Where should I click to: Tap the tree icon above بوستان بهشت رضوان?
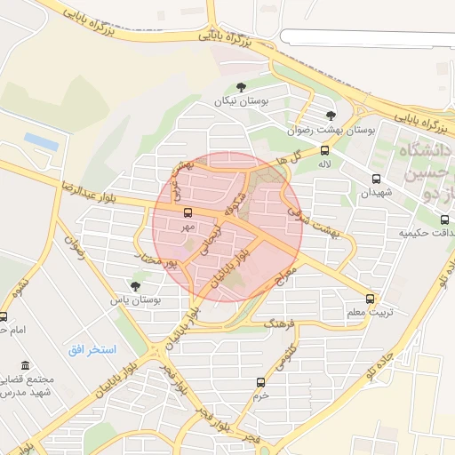click(331, 116)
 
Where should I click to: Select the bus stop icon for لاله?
click(324, 150)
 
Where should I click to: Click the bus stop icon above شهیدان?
click(377, 179)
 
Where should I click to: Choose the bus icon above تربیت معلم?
click(371, 299)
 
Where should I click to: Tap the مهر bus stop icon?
click(188, 212)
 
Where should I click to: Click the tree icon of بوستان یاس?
click(135, 286)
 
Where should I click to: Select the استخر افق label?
click(93, 348)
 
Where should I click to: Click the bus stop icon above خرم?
click(260, 382)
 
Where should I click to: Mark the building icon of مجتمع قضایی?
click(24, 366)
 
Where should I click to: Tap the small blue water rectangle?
click(41, 141)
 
